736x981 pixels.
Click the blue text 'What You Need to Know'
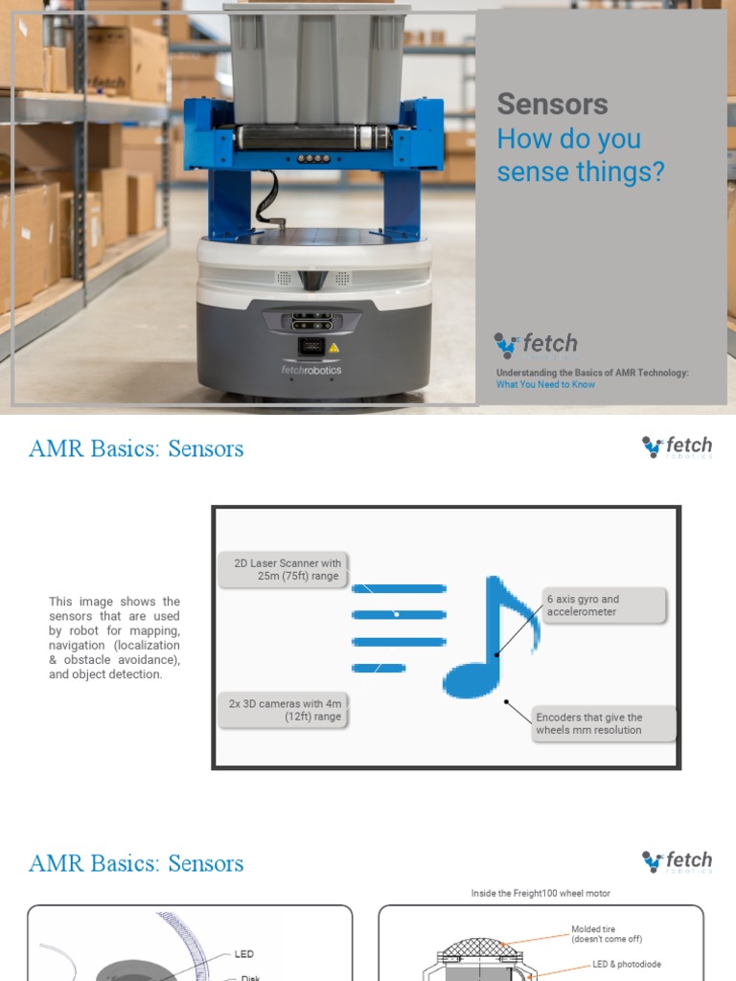[545, 385]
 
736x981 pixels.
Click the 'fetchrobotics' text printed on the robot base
[311, 370]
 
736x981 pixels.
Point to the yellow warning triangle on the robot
[333, 348]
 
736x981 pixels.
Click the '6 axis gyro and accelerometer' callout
[604, 605]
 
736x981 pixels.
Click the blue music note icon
[491, 637]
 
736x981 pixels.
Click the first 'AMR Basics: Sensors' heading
[136, 448]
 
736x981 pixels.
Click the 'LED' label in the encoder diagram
[244, 954]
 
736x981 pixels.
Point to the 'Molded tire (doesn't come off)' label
[608, 934]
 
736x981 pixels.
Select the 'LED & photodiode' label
[626, 964]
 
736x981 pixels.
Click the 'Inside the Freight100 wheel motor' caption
[540, 893]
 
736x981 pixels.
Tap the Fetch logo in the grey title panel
[536, 344]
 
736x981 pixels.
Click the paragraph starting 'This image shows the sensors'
[114, 638]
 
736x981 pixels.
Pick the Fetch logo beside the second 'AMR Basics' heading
[678, 861]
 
